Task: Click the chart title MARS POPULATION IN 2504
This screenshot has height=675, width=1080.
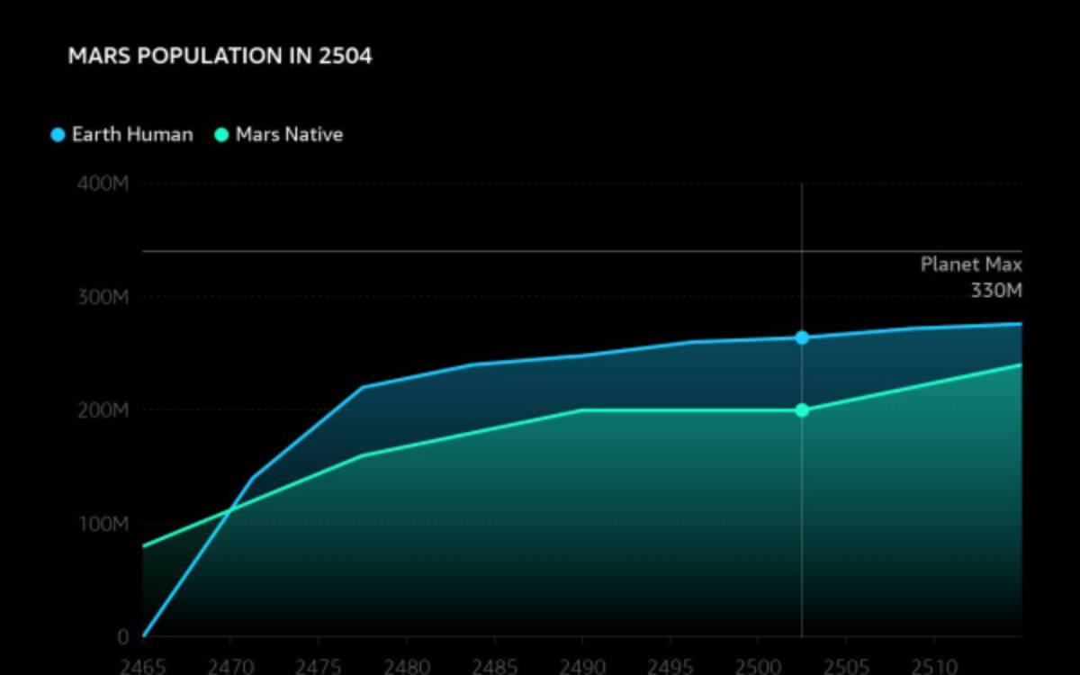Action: point(220,57)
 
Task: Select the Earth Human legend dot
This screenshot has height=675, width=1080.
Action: point(58,135)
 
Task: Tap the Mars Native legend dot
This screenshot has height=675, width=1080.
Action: point(221,135)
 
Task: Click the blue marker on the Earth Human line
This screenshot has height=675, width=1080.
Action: point(802,337)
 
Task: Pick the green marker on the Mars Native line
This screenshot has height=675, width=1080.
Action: point(802,410)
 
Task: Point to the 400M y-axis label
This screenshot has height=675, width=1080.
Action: point(104,184)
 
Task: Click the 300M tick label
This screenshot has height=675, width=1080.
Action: point(104,297)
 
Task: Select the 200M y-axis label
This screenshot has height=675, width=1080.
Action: point(104,410)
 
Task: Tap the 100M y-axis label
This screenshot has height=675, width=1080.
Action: point(104,524)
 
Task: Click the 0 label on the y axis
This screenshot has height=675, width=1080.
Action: point(123,637)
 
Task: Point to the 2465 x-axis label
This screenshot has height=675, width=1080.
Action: point(143,667)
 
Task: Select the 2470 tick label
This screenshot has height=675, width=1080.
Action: point(230,667)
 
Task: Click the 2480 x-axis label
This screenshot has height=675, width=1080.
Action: point(406,667)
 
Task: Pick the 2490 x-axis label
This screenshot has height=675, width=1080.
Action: point(581,667)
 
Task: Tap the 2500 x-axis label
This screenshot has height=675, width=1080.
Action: point(758,667)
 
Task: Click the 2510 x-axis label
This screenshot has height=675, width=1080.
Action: point(933,667)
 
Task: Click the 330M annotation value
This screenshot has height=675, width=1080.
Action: point(996,291)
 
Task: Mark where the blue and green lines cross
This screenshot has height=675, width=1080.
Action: point(229,511)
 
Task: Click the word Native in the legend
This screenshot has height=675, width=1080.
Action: point(313,135)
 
